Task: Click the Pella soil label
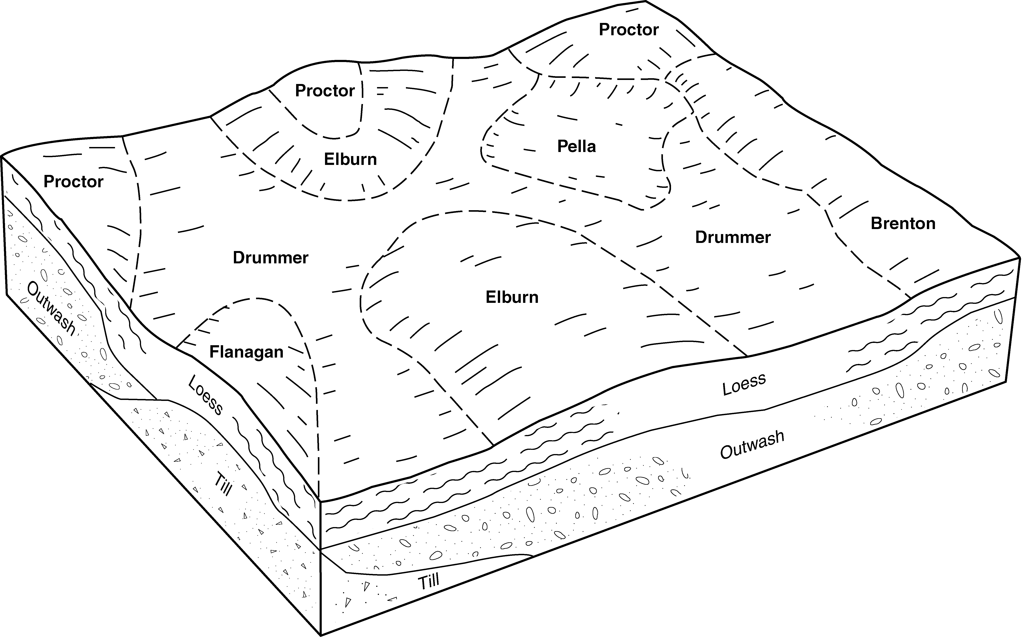pos(576,146)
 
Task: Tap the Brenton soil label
pos(903,224)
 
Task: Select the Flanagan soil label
pos(246,352)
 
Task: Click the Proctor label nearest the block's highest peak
pos(629,30)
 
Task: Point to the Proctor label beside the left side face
pos(74,182)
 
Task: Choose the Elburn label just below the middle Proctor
pos(350,159)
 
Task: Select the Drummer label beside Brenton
pos(733,238)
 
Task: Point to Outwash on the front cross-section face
pos(752,445)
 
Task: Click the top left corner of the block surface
pos(3,156)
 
